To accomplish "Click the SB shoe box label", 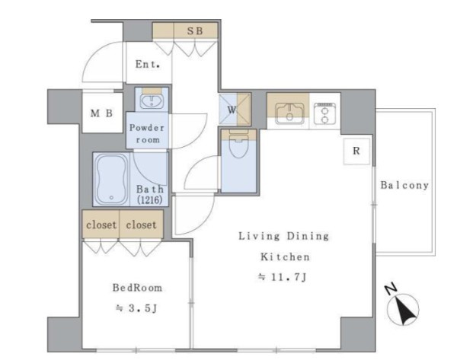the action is (195, 30).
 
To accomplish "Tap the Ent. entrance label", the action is (148, 64).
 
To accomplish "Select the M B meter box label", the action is (101, 113).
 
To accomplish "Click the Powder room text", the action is (147, 133).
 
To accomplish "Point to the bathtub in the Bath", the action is (111, 179).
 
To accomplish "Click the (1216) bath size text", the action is (150, 199).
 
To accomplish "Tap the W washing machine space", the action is (235, 109).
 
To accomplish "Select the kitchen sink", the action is (290, 113).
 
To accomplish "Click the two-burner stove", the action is (324, 113).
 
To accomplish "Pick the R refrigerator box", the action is (356, 151).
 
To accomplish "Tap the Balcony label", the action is (404, 185).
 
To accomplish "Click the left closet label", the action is (101, 225).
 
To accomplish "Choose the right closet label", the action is (141, 225).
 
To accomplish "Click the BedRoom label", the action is (138, 288).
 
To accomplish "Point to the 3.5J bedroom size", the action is (136, 308).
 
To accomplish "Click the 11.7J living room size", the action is (283, 277).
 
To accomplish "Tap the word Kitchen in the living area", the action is (285, 257).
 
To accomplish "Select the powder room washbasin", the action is (152, 102).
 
